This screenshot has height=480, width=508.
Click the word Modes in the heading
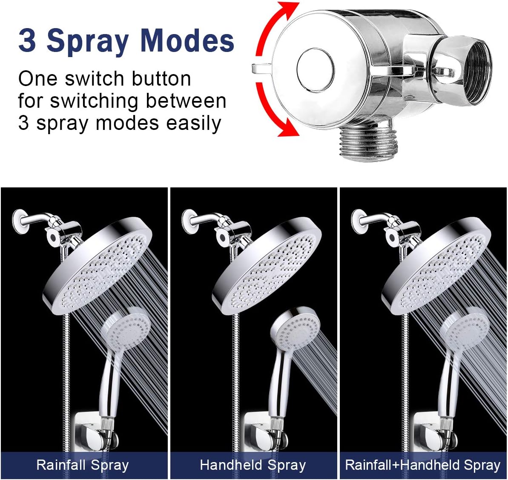tap(187, 41)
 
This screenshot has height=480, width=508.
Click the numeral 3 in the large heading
tap(27, 41)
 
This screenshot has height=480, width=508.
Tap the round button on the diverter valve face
tap(315, 69)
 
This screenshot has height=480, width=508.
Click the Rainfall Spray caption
tap(82, 465)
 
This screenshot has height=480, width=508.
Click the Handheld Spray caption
tap(253, 465)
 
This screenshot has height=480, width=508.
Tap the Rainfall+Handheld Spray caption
tap(422, 465)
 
